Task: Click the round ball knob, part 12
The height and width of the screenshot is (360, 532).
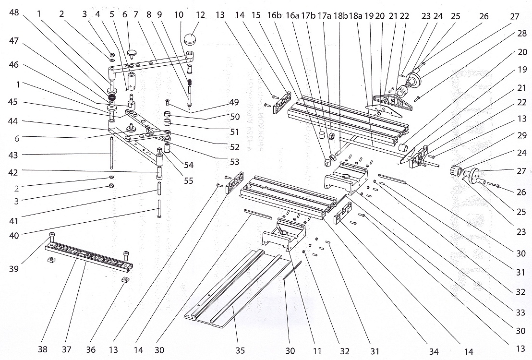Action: click(191, 39)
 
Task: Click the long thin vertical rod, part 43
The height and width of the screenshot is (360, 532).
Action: click(111, 153)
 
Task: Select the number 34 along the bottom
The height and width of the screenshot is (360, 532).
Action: click(434, 351)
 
